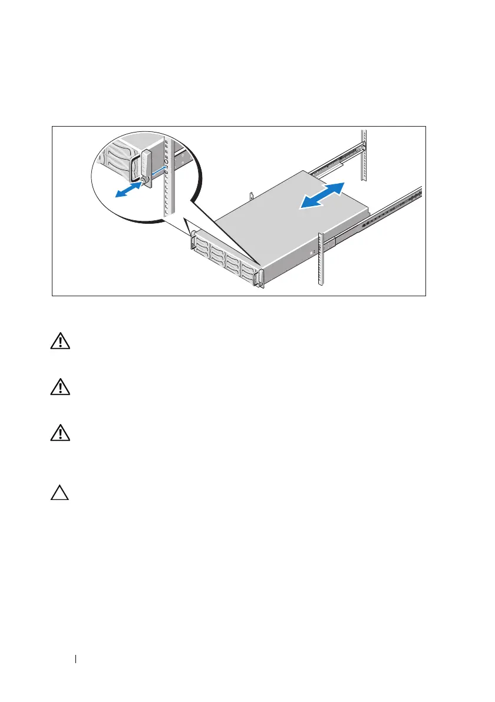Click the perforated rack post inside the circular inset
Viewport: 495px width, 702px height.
tap(168, 177)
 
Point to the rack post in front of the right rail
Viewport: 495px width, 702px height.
tap(322, 259)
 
